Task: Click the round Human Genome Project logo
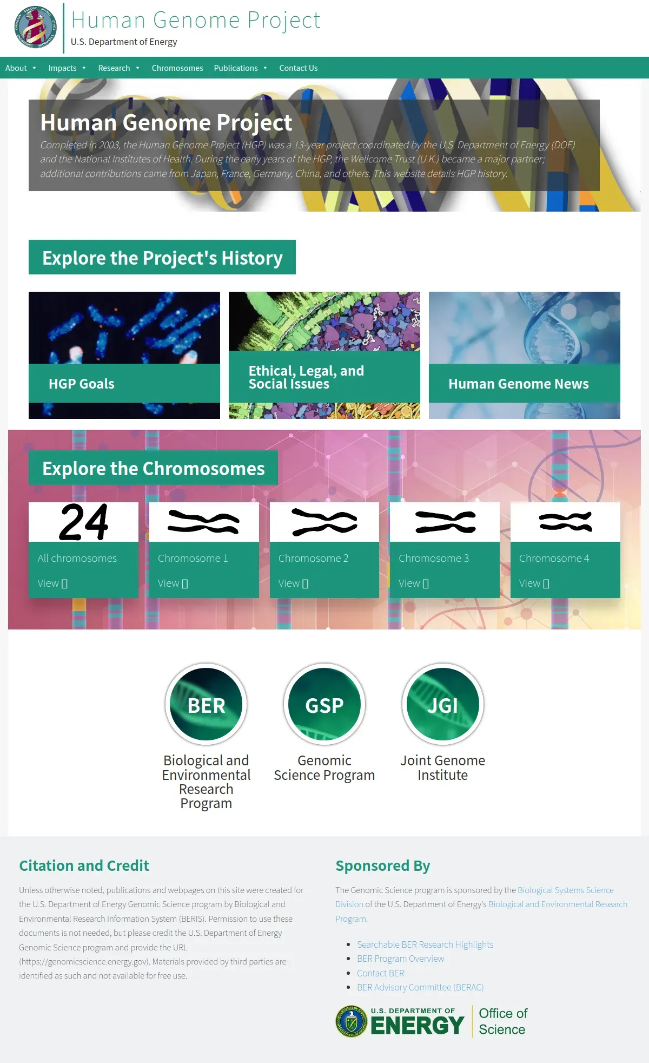point(35,27)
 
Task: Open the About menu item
point(16,68)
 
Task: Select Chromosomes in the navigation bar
point(177,68)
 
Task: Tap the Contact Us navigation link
point(299,68)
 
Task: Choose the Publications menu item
point(236,68)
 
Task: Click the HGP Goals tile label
point(82,384)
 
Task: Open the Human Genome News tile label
point(519,384)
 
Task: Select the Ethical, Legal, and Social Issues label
point(306,377)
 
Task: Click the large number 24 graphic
point(84,522)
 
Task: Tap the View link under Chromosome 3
point(414,583)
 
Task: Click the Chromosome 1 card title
point(193,558)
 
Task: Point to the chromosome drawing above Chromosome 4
point(566,522)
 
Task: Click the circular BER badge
point(206,704)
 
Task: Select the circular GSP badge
point(325,704)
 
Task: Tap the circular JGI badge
point(443,704)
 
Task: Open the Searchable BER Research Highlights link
point(425,944)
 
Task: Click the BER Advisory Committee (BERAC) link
point(420,987)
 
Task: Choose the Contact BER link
point(381,973)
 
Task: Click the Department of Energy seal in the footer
point(352,1021)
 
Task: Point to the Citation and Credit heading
point(84,866)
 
